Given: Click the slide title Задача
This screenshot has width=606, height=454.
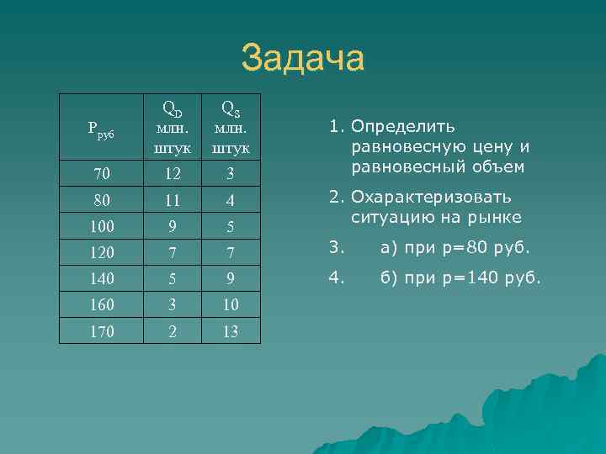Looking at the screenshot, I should tap(303, 59).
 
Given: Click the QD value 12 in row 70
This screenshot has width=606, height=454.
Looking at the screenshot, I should tap(173, 175).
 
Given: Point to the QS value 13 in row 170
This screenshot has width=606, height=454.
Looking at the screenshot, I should tap(229, 331).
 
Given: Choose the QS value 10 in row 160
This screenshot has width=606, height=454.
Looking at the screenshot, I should tap(229, 305).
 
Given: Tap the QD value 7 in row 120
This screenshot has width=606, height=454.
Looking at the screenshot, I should tap(173, 253).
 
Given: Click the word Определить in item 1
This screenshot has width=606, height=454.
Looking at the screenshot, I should tap(404, 127).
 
